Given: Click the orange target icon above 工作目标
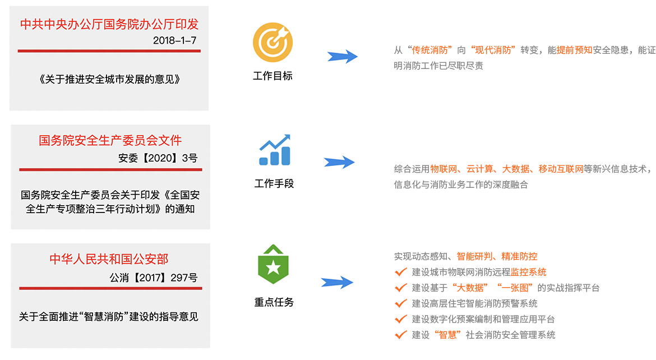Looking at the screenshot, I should [x=272, y=42].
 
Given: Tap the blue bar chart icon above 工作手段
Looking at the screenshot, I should [x=274, y=150].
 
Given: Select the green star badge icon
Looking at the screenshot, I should [x=272, y=265].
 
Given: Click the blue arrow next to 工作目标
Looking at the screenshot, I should [x=343, y=56].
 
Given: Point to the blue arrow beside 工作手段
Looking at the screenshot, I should [x=339, y=162].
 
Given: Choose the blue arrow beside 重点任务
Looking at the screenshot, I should [x=337, y=282].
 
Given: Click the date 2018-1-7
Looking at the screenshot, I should [x=174, y=40].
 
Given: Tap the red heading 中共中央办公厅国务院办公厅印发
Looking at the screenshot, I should [x=109, y=24].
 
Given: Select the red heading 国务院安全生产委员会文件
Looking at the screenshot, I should [x=110, y=140].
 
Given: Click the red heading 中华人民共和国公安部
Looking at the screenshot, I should [x=109, y=259].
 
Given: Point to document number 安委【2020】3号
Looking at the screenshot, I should [x=158, y=158].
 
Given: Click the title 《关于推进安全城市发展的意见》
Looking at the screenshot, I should [x=110, y=79].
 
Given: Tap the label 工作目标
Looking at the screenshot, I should [x=272, y=76].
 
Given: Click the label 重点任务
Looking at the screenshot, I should [x=274, y=302].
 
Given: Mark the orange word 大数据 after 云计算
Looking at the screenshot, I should [x=515, y=169].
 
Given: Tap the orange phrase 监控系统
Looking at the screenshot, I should [x=528, y=272].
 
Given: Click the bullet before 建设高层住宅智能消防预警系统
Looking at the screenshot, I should [x=400, y=303].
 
